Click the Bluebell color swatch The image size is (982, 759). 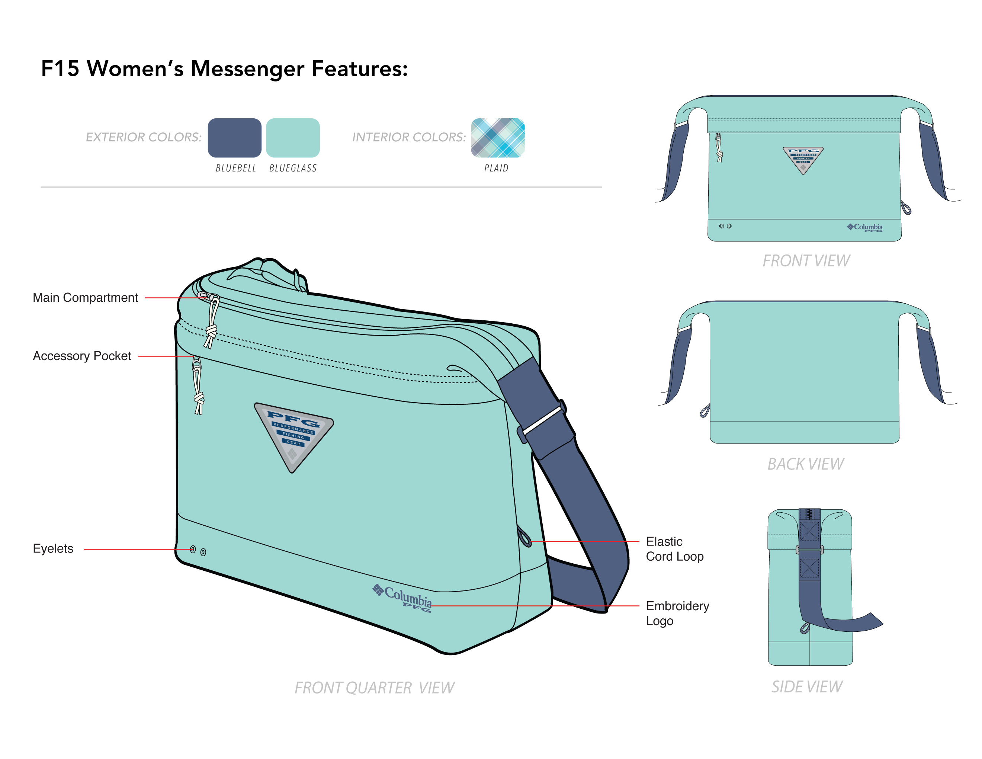234,138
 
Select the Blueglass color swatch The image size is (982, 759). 293,138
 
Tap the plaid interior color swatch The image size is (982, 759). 497,138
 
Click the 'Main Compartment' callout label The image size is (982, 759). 86,298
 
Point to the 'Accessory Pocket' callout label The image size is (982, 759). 82,356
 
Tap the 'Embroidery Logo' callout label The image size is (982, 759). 677,613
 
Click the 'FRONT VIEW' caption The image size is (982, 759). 806,261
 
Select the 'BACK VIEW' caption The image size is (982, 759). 805,464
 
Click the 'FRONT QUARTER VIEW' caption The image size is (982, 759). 374,688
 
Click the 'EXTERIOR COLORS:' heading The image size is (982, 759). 144,137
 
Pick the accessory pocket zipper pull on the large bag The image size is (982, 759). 198,387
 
